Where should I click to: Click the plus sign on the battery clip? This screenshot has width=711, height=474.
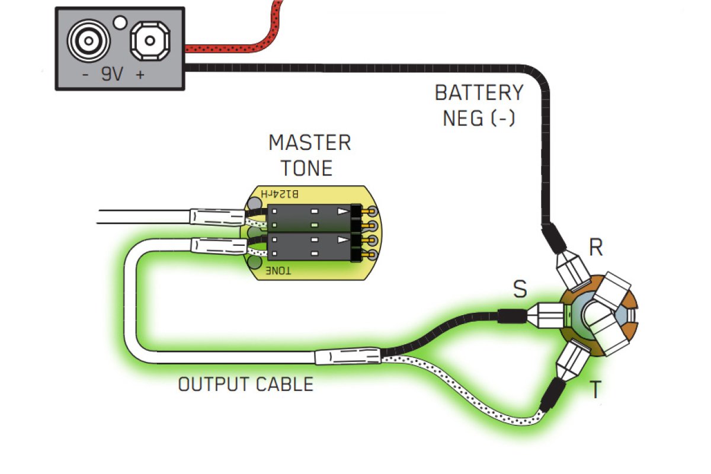141,75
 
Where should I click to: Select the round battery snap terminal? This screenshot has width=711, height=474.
89,41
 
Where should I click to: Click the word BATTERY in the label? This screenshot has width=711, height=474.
479,93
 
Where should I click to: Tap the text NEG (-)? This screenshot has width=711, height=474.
479,118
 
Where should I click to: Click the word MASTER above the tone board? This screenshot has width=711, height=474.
309,143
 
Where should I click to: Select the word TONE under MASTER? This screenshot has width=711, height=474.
306,168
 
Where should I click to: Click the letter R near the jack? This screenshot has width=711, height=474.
595,248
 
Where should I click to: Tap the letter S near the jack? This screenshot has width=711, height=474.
520,289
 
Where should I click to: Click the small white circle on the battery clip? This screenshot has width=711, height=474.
120,23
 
